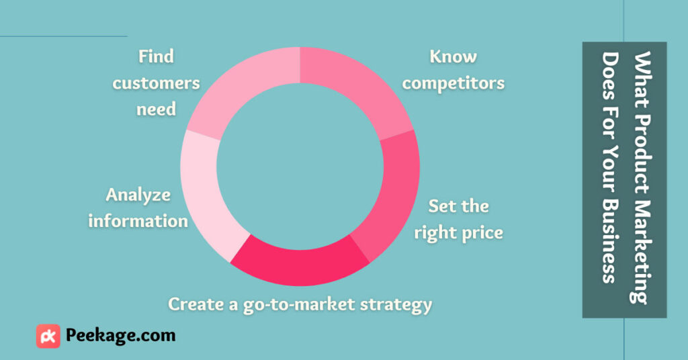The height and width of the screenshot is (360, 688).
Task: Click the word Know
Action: click(454, 56)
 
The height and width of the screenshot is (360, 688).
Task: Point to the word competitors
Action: click(454, 83)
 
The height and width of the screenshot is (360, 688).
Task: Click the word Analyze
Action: click(138, 195)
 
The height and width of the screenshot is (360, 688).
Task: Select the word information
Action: click(138, 221)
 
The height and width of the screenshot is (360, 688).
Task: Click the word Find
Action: click(156, 56)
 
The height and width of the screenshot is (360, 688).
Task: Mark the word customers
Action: click(156, 83)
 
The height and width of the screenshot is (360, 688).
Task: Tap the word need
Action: click(156, 109)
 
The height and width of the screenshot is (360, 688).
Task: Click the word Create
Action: click(197, 304)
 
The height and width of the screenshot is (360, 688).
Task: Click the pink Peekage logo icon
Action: click(48, 336)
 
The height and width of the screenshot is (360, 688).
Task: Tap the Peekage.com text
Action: click(121, 336)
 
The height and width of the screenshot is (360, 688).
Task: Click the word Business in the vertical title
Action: click(610, 241)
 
